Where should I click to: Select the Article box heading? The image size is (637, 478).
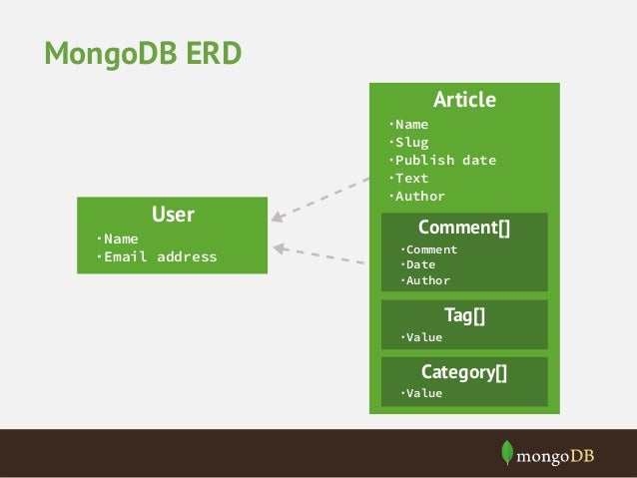(x=464, y=100)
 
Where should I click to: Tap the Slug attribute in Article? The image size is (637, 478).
(x=410, y=142)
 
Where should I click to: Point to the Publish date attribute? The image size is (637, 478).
(x=442, y=160)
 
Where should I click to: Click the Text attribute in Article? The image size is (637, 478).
(x=410, y=178)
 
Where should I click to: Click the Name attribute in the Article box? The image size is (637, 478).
(x=410, y=124)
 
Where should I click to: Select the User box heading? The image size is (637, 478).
(x=173, y=215)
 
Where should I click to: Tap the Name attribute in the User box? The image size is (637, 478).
(x=119, y=239)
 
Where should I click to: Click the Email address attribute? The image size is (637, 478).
(x=158, y=256)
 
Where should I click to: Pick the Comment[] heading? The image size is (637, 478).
(x=464, y=228)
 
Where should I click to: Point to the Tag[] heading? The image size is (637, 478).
(x=464, y=315)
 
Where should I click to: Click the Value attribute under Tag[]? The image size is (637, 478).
(x=422, y=337)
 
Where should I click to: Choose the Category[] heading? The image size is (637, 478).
(x=464, y=372)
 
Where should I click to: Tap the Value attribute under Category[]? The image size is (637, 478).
(x=422, y=393)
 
